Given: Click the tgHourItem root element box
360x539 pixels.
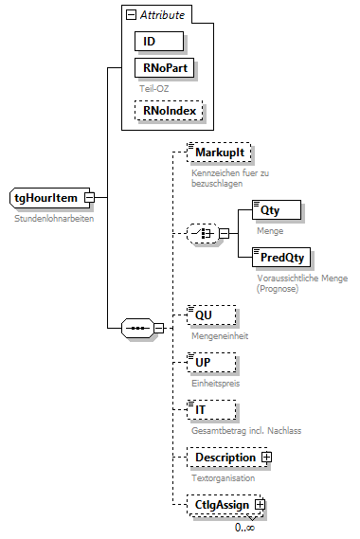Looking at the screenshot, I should [x=46, y=197].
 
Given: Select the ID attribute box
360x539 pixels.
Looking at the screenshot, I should [x=158, y=42].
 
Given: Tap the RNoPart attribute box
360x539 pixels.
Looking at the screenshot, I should [x=164, y=68].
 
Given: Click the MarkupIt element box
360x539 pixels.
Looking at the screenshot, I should [x=219, y=153].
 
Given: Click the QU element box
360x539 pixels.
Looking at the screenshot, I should [x=210, y=315].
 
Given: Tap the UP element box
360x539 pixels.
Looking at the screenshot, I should [x=210, y=363].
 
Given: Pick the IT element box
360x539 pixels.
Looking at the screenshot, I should [x=210, y=409].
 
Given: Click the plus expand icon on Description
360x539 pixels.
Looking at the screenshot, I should [x=267, y=458].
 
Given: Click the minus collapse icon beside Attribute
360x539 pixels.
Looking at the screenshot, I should [x=130, y=15].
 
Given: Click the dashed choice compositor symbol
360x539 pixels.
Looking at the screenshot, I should [x=200, y=234].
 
